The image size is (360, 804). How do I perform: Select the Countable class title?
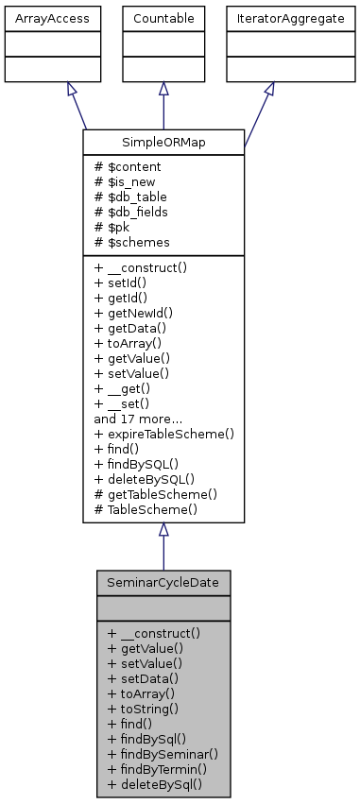pyautogui.click(x=163, y=18)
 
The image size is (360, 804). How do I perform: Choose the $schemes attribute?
pyautogui.click(x=129, y=243)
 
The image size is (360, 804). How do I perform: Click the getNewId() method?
pyautogui.click(x=138, y=313)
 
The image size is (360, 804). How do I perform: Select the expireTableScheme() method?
pyautogui.click(x=163, y=434)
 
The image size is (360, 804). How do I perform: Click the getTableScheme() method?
pyautogui.click(x=156, y=494)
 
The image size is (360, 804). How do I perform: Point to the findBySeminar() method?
pyautogui.click(x=163, y=753)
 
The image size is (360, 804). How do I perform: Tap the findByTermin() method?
pyautogui.click(x=157, y=768)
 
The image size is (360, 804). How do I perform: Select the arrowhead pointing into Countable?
pyautogui.click(x=163, y=89)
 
